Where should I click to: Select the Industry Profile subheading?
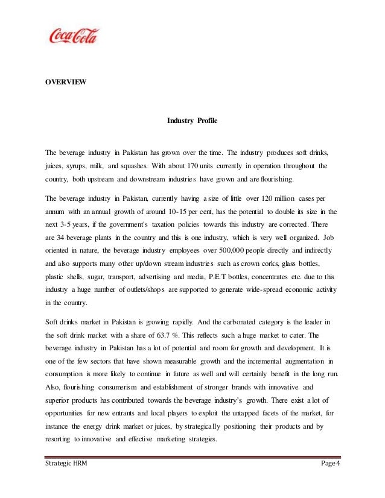tap(192, 121)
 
